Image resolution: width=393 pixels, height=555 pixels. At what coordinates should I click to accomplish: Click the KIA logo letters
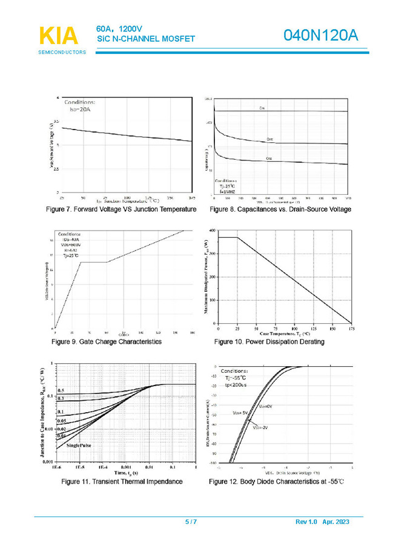58,36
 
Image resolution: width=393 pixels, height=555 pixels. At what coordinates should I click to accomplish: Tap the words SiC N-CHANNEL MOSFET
145,39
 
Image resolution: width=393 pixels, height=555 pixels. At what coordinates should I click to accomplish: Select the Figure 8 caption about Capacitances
280,209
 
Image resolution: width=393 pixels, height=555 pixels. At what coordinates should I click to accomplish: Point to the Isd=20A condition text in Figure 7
76,109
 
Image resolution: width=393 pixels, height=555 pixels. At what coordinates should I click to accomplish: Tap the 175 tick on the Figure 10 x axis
351,329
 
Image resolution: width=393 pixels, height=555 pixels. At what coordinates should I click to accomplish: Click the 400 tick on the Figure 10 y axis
211,231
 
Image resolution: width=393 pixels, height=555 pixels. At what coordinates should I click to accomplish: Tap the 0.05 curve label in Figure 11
62,420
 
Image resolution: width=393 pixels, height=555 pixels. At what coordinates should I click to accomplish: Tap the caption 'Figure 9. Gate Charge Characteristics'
107,342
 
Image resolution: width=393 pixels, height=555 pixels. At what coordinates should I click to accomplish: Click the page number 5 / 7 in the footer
190,522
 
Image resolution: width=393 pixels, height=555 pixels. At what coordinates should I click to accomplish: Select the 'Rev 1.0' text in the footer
306,522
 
